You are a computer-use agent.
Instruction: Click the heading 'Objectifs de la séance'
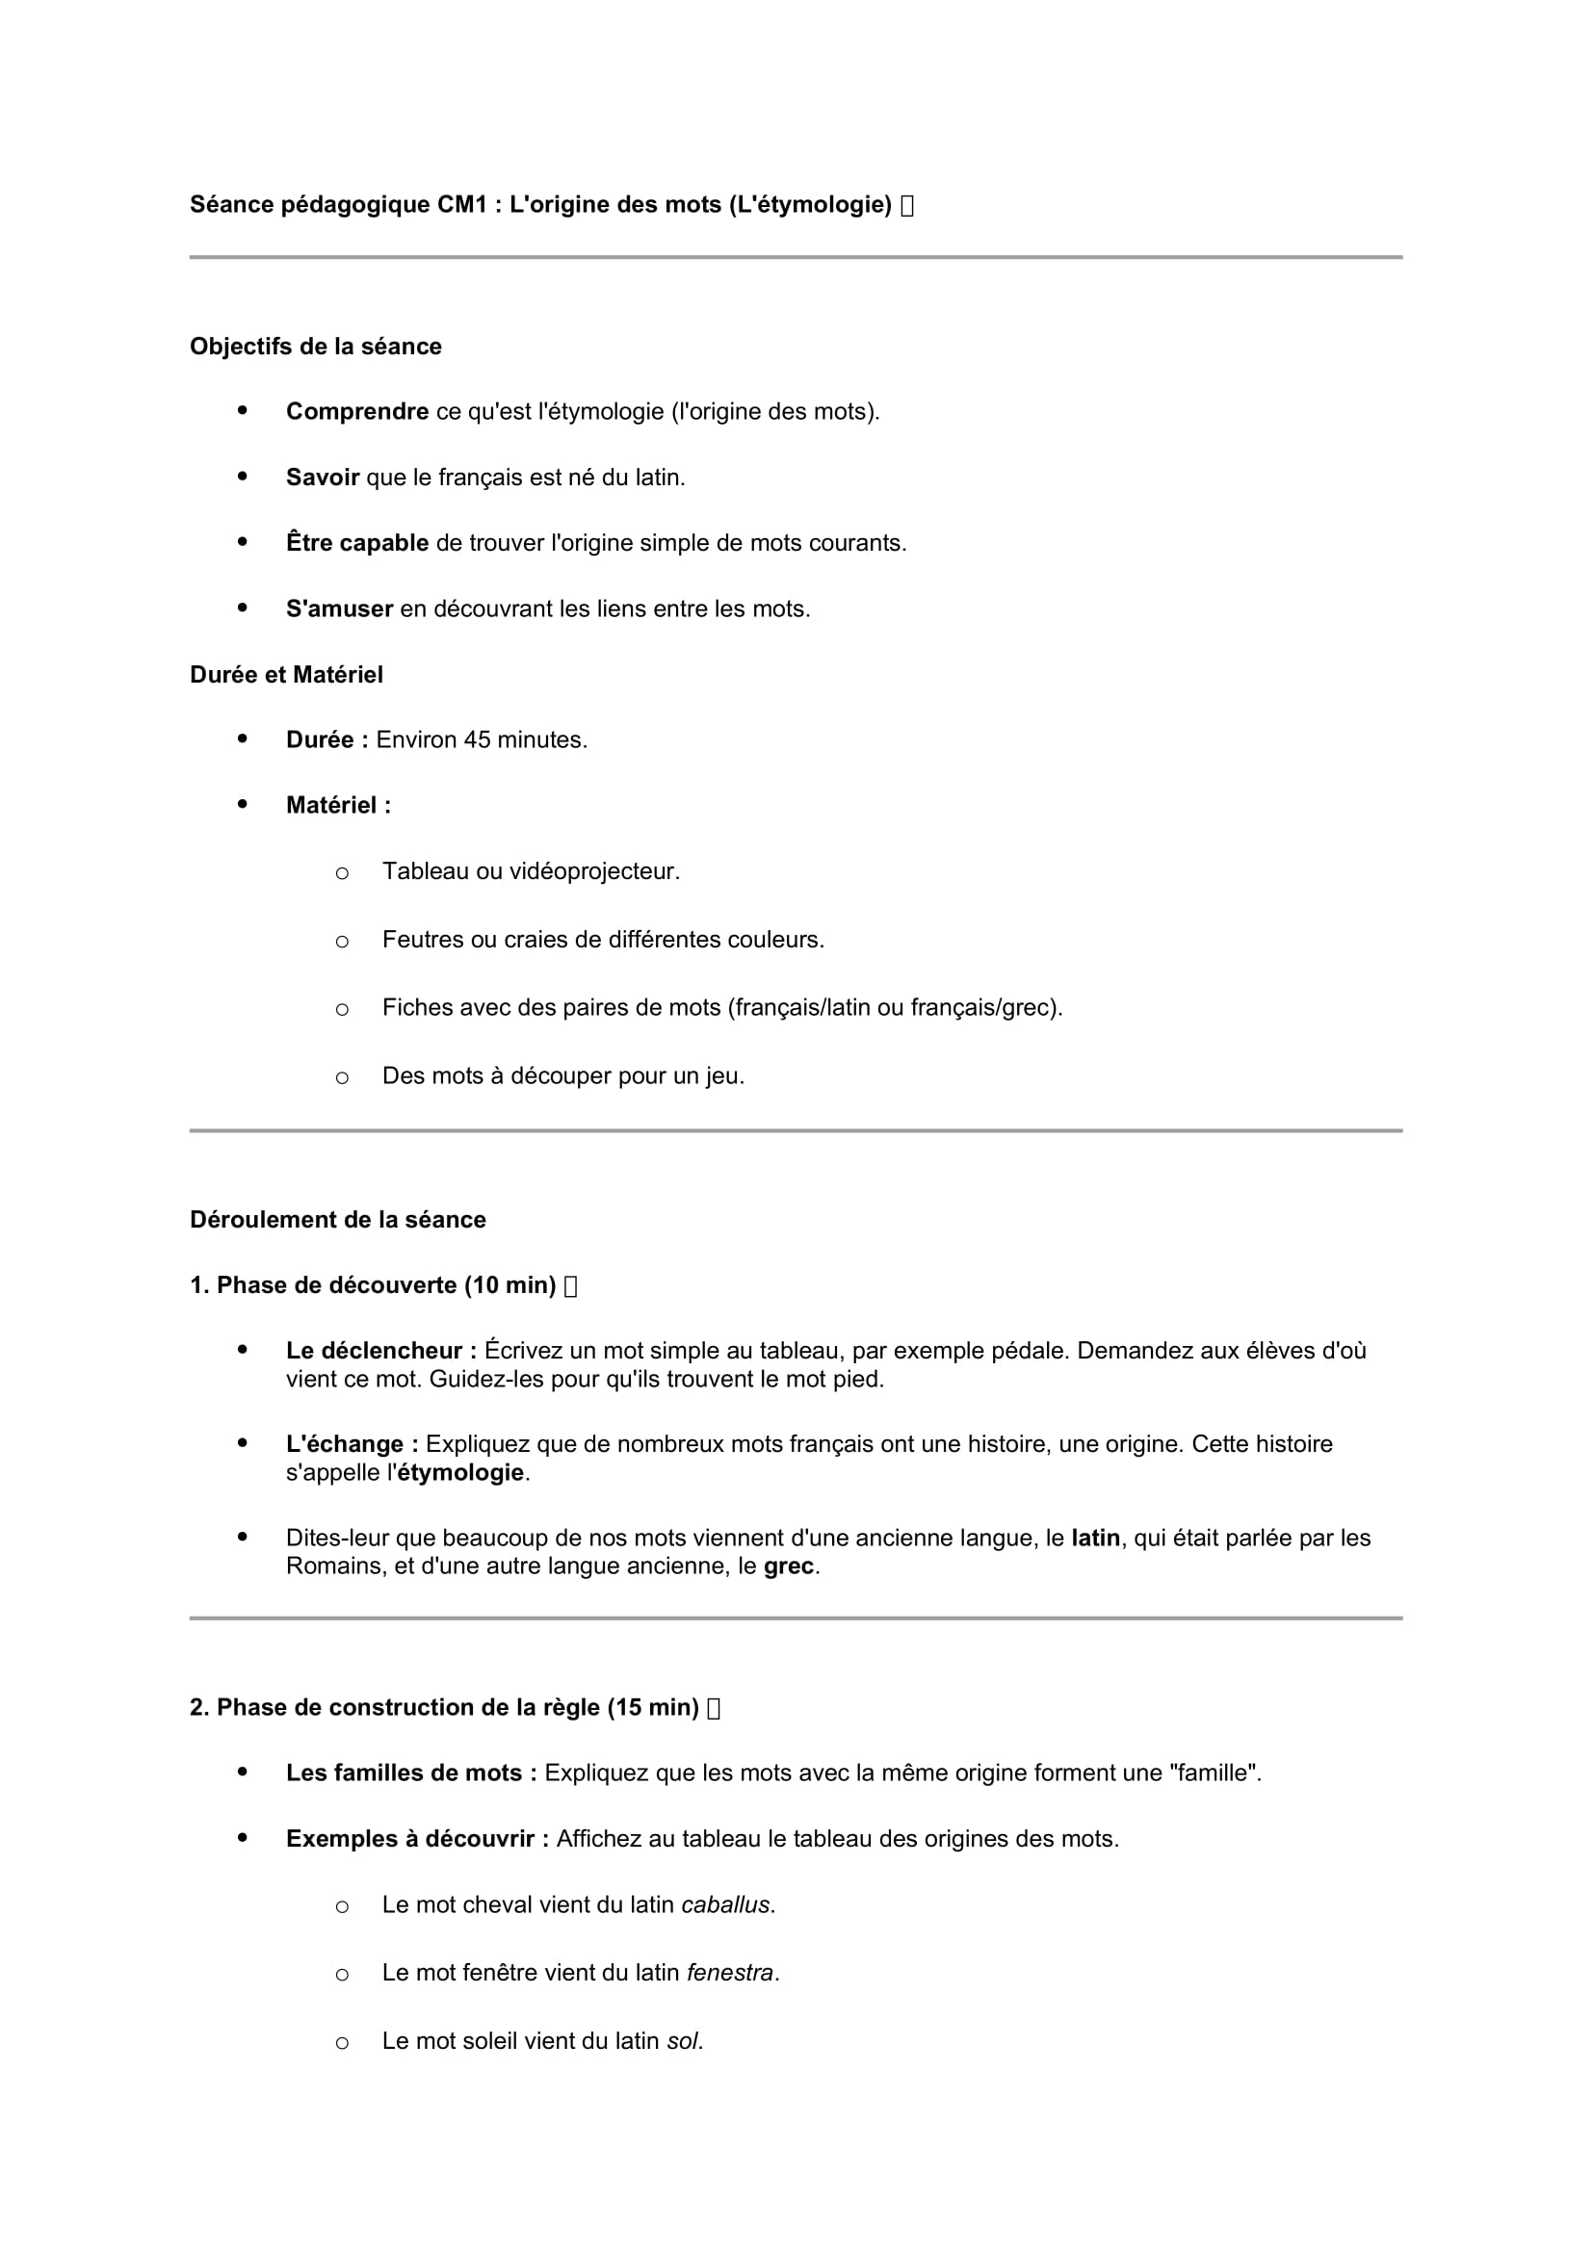click(x=315, y=347)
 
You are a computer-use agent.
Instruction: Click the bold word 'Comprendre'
click(x=357, y=412)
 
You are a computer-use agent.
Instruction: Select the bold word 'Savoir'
click(x=322, y=478)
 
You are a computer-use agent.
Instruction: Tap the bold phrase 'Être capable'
click(x=357, y=543)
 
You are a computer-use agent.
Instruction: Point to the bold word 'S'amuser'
click(x=339, y=609)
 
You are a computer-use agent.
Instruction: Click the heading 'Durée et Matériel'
click(x=286, y=675)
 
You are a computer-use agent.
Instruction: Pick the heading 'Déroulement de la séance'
click(x=337, y=1219)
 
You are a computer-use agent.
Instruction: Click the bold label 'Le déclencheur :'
click(x=381, y=1351)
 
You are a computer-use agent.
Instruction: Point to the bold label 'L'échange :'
click(x=353, y=1444)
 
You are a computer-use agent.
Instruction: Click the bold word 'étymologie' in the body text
click(x=461, y=1473)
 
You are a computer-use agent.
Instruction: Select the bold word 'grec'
click(x=789, y=1566)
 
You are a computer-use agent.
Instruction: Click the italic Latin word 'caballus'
click(x=726, y=1904)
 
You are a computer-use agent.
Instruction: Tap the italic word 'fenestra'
click(x=730, y=1973)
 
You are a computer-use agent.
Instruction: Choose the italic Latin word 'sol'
click(x=682, y=2041)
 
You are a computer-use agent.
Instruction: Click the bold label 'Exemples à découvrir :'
click(x=417, y=1839)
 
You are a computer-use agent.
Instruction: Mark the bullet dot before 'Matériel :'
click(x=243, y=804)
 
